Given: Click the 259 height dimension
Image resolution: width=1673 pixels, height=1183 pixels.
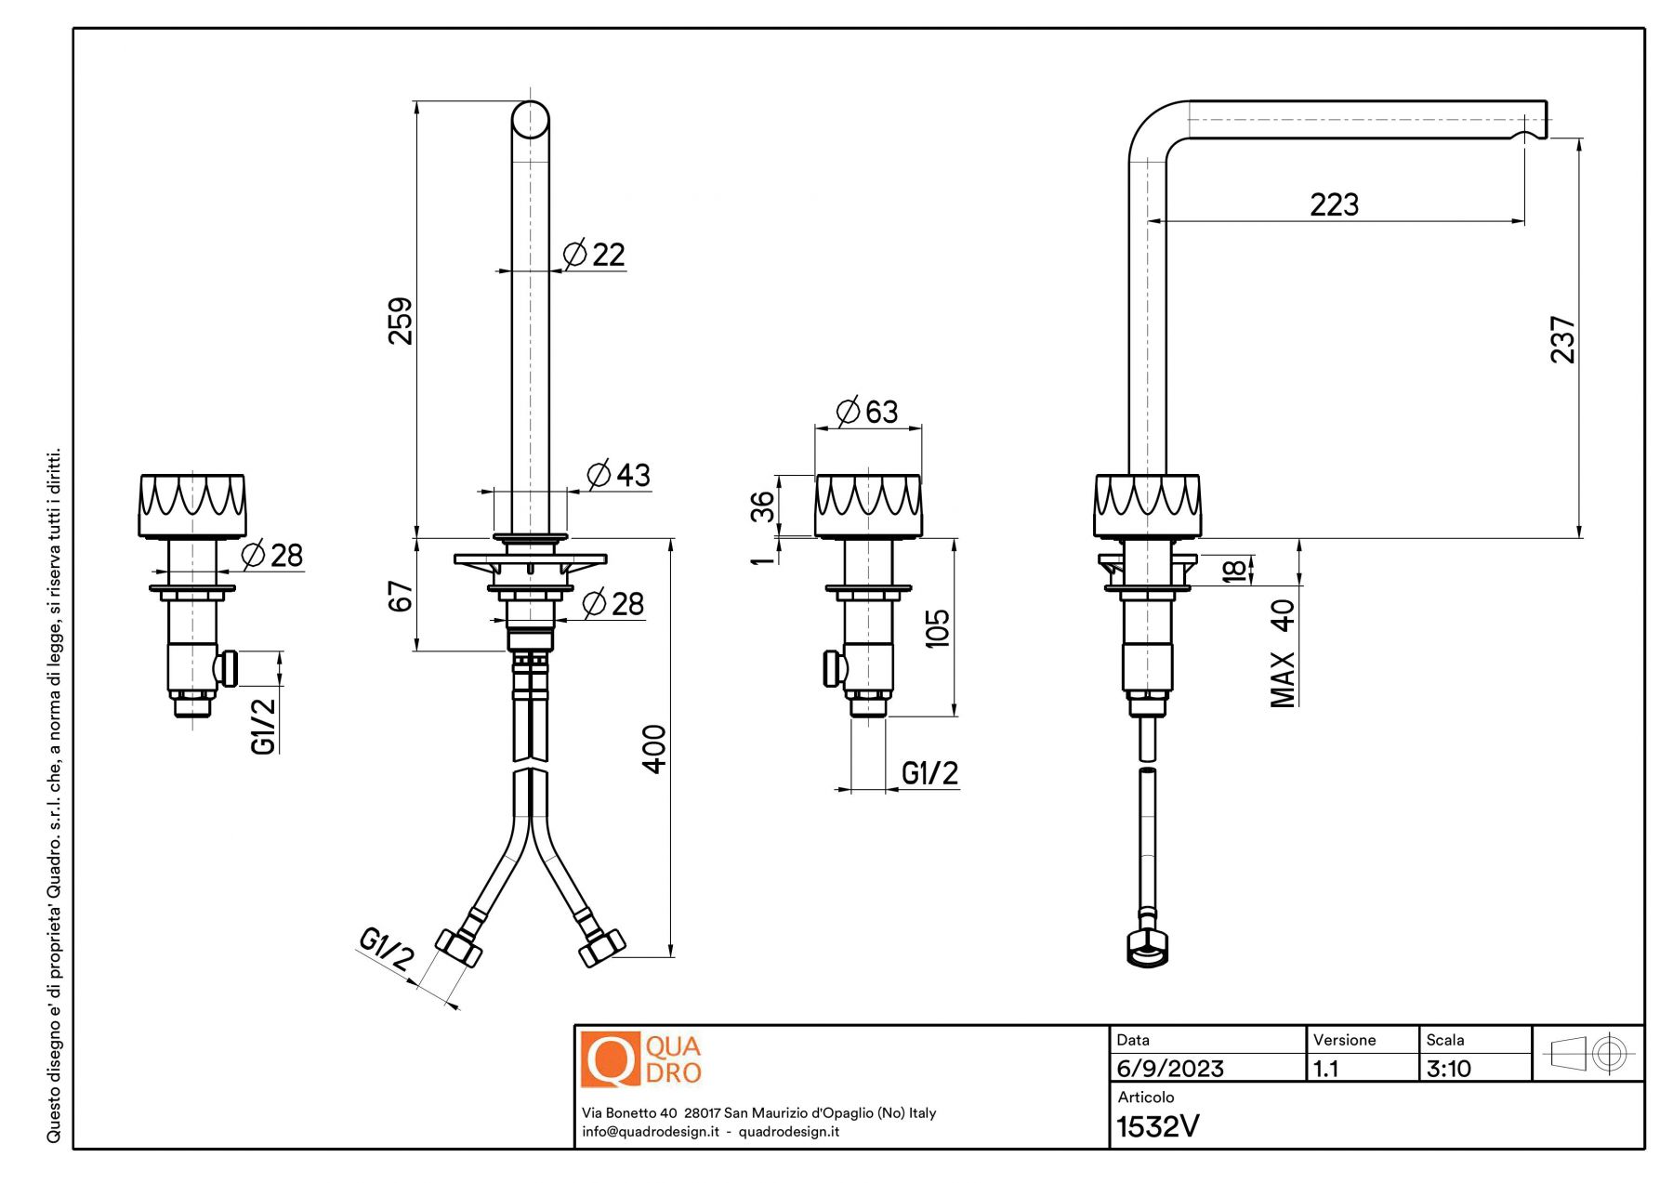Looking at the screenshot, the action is click(x=400, y=321).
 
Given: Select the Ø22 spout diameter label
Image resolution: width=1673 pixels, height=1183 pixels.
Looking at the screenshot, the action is click(x=595, y=254).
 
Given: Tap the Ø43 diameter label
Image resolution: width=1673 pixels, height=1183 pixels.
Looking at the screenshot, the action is click(x=619, y=475).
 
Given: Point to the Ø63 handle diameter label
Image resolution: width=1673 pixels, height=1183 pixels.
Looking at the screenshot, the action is click(x=867, y=411).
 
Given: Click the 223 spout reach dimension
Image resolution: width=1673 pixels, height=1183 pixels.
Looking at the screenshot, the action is click(x=1334, y=204).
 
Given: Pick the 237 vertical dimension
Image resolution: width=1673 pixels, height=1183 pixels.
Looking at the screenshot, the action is click(x=1563, y=339).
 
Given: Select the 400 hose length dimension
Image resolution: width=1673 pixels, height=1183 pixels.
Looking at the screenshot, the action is click(x=654, y=749).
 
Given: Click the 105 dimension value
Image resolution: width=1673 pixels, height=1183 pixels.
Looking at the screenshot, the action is click(x=938, y=628).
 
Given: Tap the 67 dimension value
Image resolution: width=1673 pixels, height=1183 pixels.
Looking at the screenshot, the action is click(x=400, y=597).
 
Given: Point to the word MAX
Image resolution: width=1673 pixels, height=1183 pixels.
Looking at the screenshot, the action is click(x=1283, y=679).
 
